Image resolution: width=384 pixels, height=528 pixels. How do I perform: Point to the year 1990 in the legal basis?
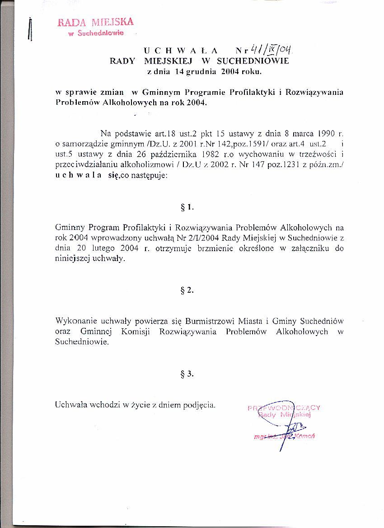pos(325,133)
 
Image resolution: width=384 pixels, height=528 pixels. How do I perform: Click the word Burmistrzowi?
pos(208,321)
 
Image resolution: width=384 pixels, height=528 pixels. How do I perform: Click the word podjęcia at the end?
pos(199,405)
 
